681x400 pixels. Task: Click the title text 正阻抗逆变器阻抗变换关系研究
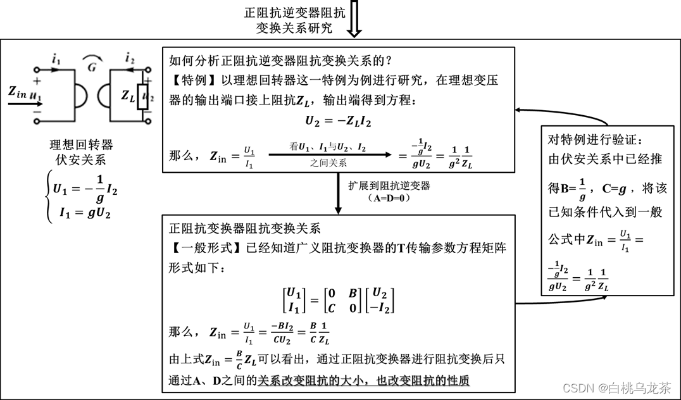coord(295,20)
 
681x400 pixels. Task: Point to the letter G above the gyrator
coord(92,68)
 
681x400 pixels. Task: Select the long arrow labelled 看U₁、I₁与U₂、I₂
coord(328,154)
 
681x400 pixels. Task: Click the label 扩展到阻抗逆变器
coord(389,185)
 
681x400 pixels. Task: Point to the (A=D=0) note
coord(389,197)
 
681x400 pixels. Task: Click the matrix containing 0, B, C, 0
coord(339,299)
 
